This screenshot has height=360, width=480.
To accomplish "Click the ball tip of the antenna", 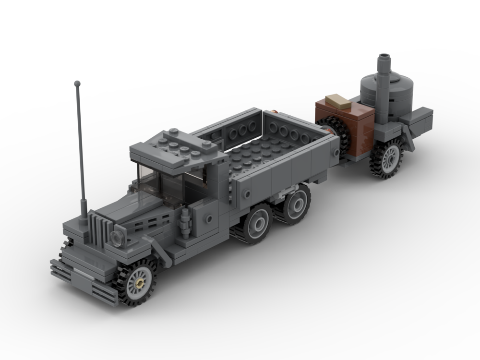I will tap(77, 84).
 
